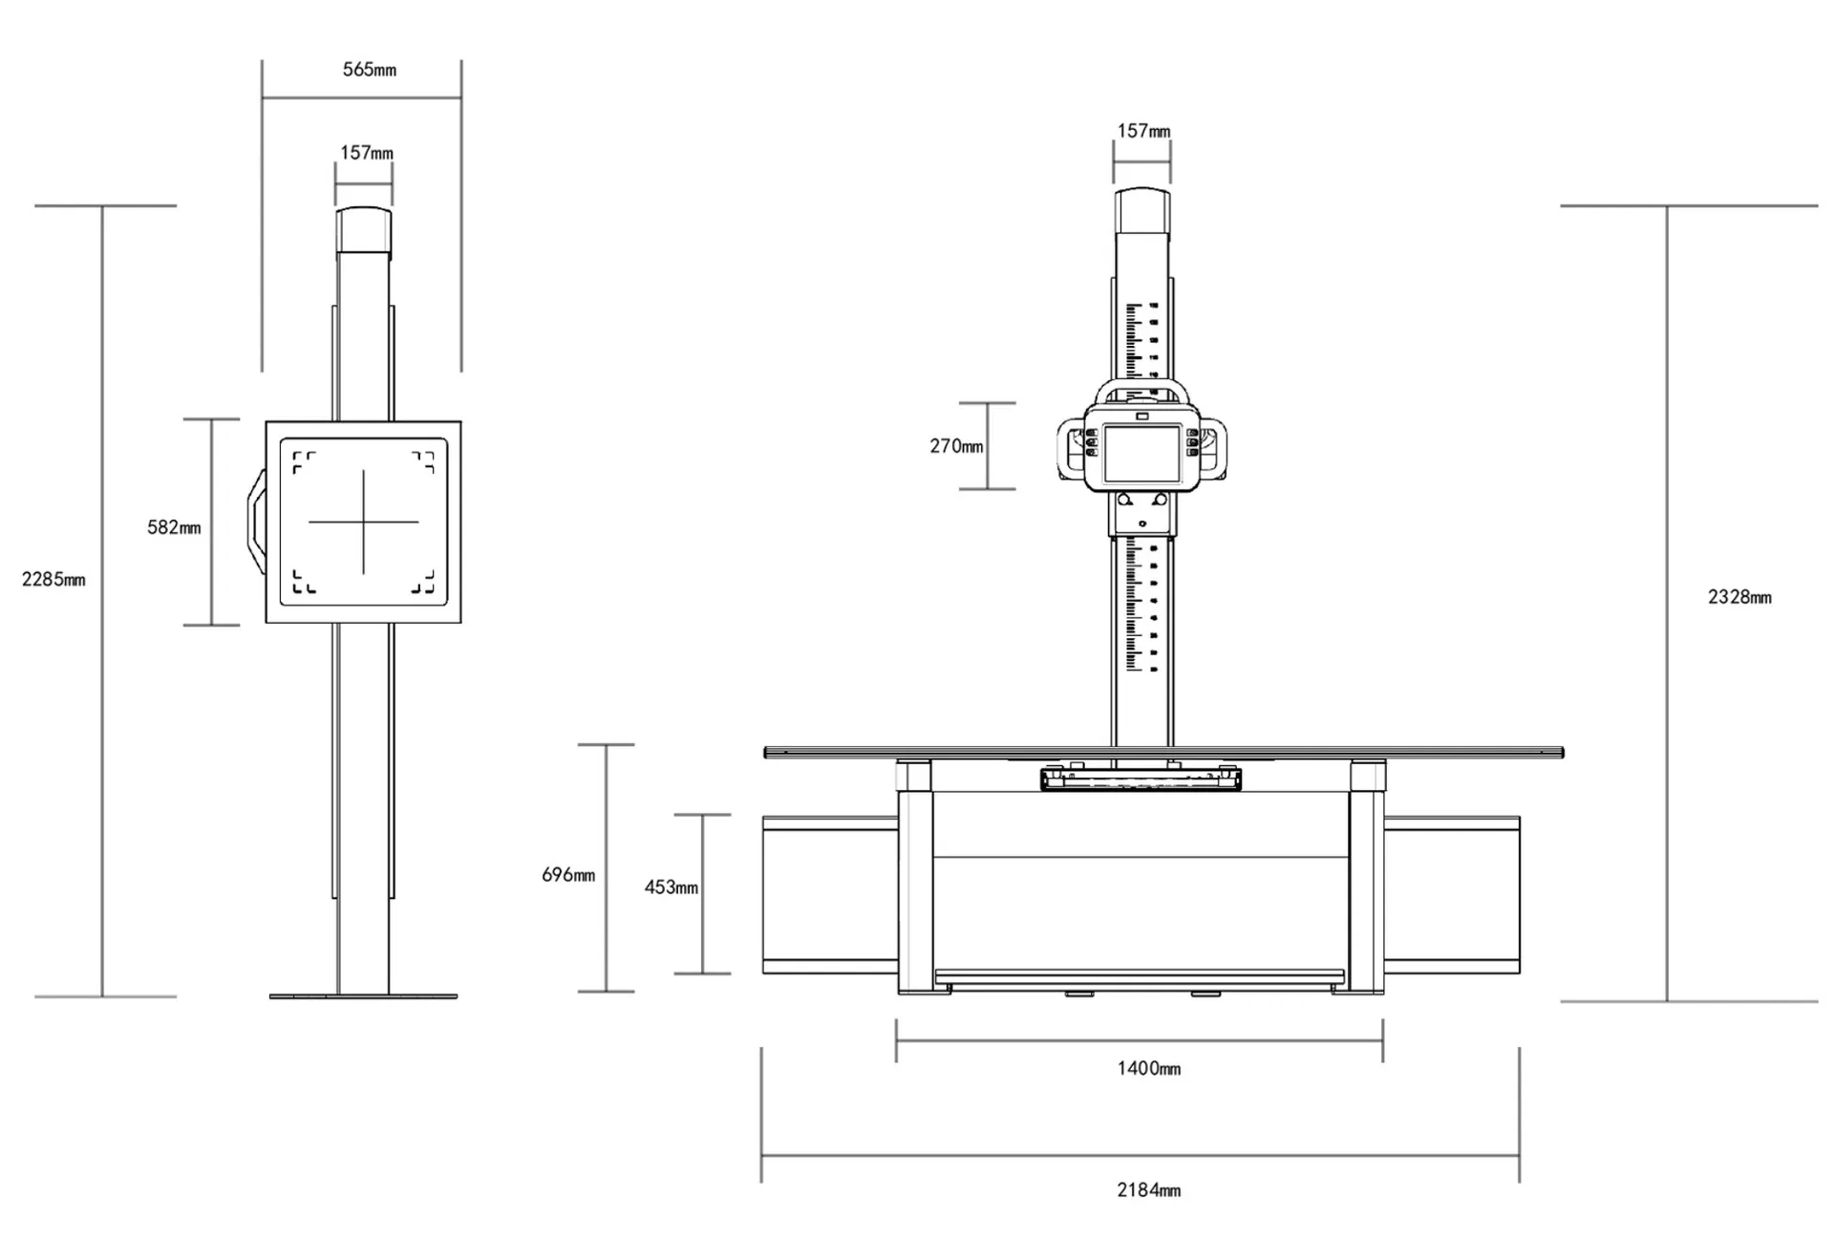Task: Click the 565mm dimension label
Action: click(x=369, y=70)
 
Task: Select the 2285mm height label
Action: click(x=53, y=579)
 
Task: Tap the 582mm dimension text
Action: click(x=174, y=527)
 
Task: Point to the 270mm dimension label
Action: click(x=956, y=446)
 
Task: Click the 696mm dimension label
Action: click(x=568, y=875)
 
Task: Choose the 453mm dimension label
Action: click(x=671, y=887)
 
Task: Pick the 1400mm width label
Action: click(x=1149, y=1068)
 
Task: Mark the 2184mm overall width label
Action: click(x=1149, y=1190)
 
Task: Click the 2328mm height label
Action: click(x=1739, y=597)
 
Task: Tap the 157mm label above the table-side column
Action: click(x=1143, y=131)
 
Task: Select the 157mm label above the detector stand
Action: click(x=367, y=153)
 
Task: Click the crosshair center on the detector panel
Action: click(x=364, y=522)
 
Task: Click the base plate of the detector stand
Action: click(x=363, y=996)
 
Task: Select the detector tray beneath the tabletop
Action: click(x=1141, y=779)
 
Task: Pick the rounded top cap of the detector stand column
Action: click(x=364, y=229)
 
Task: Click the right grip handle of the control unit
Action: click(x=1215, y=450)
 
